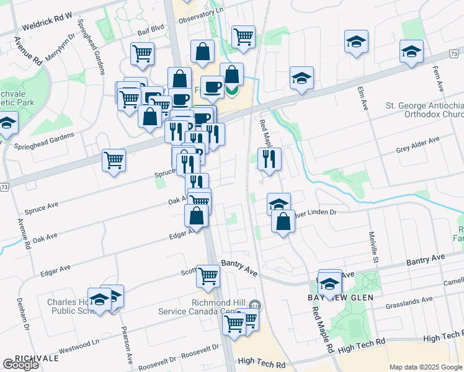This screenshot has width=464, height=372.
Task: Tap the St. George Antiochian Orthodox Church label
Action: [x=424, y=110]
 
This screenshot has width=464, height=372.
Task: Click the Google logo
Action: [x=20, y=365]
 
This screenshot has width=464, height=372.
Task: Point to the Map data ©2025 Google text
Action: [x=425, y=367]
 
